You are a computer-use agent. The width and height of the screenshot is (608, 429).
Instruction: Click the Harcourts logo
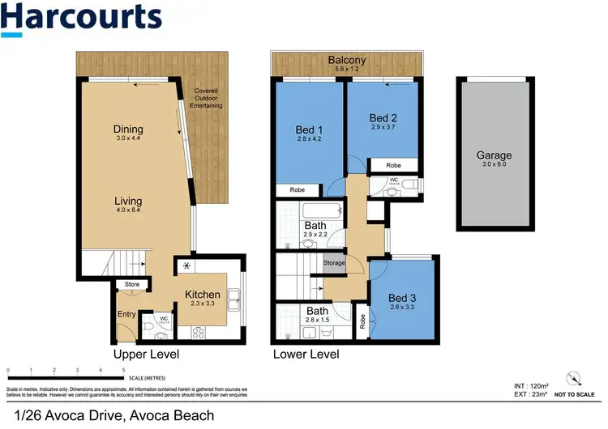(x=81, y=19)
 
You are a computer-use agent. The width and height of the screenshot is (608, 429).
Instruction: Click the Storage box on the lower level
(x=334, y=263)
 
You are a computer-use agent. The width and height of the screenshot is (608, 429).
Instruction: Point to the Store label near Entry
(x=131, y=284)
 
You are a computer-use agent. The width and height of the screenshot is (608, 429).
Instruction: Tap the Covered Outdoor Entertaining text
(x=202, y=98)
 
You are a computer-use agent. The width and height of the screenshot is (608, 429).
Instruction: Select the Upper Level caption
(x=146, y=355)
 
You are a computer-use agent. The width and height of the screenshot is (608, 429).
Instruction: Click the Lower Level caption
(x=306, y=355)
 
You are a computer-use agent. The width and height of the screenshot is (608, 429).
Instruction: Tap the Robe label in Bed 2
(x=393, y=165)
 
